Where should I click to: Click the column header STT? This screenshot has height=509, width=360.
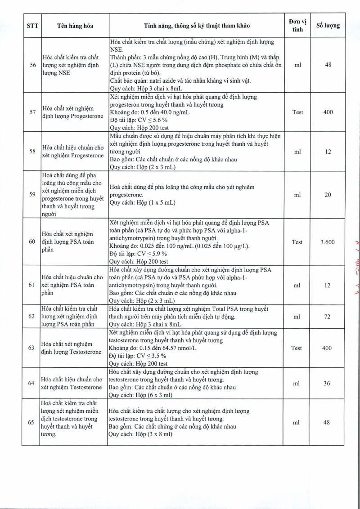(x=31, y=26)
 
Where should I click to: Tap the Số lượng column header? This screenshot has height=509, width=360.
(x=328, y=26)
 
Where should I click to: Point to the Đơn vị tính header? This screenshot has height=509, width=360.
(x=297, y=26)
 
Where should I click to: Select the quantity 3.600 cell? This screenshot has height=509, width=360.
(x=328, y=242)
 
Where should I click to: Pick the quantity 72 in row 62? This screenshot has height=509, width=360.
(x=328, y=317)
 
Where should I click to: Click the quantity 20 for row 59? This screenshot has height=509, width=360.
(x=328, y=195)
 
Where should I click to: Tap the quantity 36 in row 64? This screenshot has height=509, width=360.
(x=328, y=384)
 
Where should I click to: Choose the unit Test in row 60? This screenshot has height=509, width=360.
(x=297, y=242)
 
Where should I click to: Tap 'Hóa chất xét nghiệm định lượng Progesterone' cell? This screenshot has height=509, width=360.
(x=73, y=112)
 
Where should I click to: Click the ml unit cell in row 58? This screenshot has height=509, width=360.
(x=297, y=152)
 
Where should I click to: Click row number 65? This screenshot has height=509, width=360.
(x=31, y=422)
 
